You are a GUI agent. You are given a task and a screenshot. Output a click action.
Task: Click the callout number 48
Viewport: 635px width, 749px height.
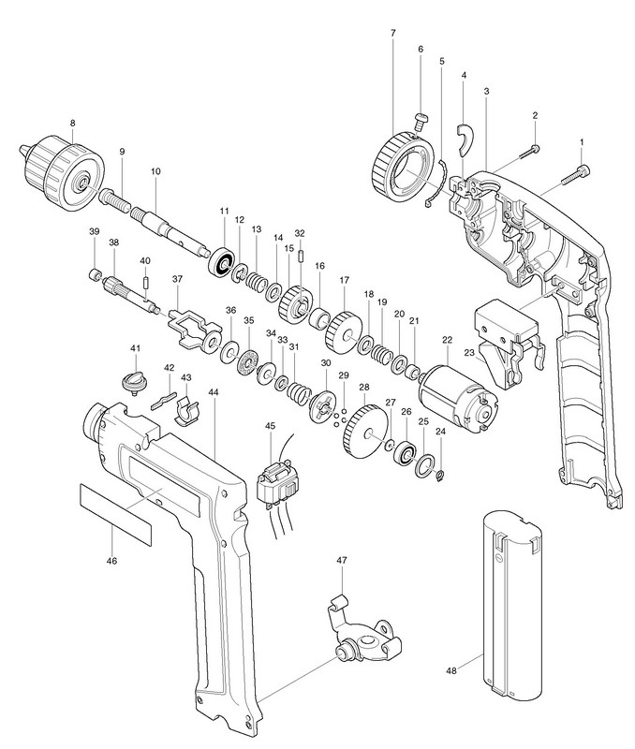[451, 670]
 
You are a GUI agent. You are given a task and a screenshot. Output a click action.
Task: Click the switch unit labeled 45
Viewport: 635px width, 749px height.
[276, 481]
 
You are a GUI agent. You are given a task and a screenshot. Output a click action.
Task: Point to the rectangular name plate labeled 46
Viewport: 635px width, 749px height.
[114, 514]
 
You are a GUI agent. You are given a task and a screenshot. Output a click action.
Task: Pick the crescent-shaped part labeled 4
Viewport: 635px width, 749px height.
[464, 140]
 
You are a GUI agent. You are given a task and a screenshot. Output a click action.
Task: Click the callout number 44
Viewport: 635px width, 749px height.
[214, 392]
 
